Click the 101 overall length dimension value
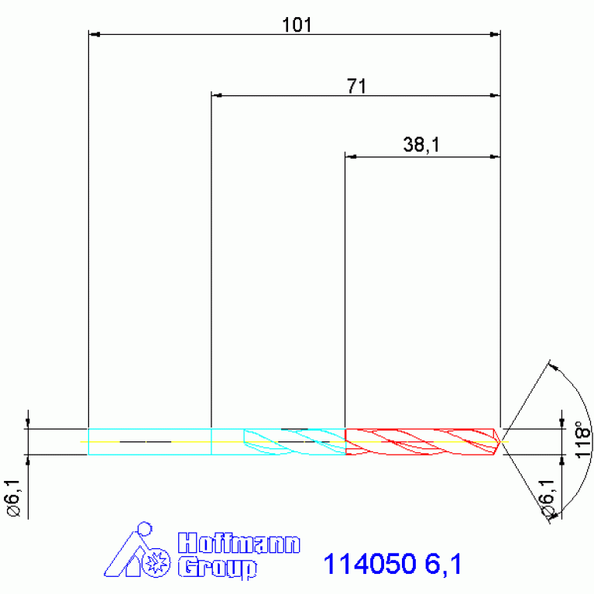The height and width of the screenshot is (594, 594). (297, 25)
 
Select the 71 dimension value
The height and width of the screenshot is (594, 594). (356, 86)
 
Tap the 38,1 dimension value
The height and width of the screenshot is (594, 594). (421, 145)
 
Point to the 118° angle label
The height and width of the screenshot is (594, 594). (583, 439)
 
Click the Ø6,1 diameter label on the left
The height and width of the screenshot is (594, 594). (13, 498)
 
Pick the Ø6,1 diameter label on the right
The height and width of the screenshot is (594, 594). (548, 498)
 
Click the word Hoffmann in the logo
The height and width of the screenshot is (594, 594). (239, 543)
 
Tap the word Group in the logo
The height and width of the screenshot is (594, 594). (218, 567)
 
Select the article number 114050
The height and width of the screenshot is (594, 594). (369, 564)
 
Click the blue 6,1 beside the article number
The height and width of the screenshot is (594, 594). (443, 564)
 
